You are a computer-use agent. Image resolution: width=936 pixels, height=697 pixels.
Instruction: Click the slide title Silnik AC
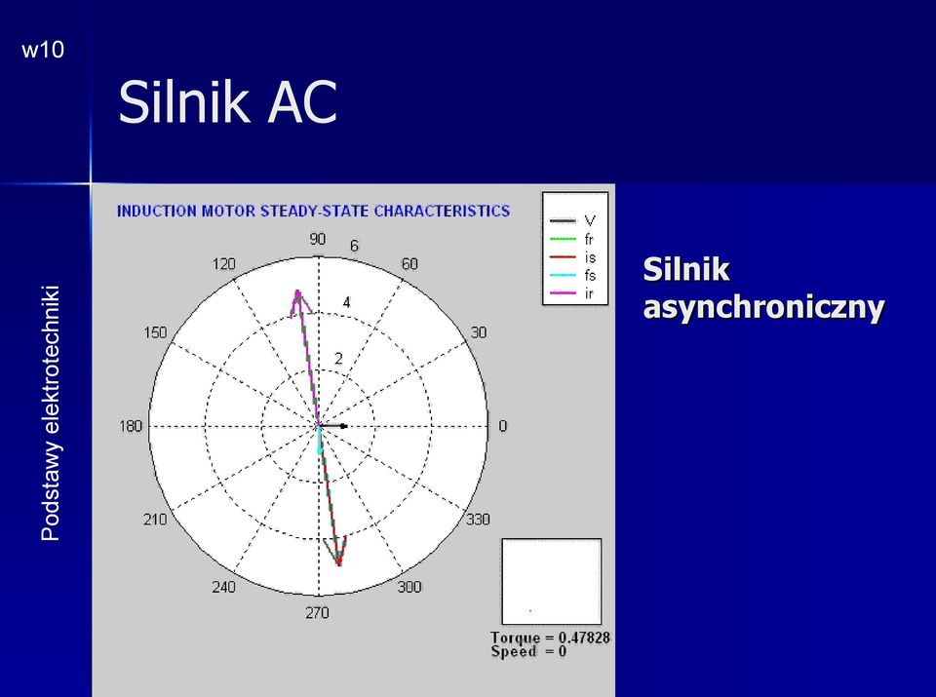click(x=227, y=101)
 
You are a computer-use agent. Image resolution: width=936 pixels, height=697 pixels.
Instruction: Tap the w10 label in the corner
click(x=43, y=50)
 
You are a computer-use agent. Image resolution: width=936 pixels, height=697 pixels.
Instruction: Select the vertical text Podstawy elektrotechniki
click(x=50, y=413)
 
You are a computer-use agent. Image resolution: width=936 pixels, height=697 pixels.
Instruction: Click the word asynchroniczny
click(x=763, y=307)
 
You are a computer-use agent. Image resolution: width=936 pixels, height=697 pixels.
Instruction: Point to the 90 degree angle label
click(x=318, y=239)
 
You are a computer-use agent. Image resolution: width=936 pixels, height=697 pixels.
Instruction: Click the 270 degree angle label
click(x=317, y=613)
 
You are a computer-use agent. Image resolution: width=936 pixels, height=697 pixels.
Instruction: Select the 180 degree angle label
click(x=131, y=426)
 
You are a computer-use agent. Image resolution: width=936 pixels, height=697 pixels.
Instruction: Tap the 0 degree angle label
click(x=503, y=426)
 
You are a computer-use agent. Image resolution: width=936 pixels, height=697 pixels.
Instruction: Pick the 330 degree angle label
click(x=478, y=520)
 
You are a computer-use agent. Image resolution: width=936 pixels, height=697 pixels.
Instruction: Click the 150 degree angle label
click(x=155, y=333)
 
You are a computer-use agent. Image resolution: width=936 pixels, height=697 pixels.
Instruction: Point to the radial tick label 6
click(x=355, y=246)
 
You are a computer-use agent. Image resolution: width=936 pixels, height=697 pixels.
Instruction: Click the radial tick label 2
click(x=339, y=359)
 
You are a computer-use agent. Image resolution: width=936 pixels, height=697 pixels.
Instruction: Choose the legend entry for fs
click(x=572, y=275)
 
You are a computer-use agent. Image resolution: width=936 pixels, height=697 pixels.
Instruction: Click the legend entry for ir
click(x=571, y=293)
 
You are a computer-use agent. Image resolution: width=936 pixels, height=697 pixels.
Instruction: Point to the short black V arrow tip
click(x=345, y=426)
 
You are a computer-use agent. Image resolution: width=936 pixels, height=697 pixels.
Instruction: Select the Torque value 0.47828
click(x=584, y=638)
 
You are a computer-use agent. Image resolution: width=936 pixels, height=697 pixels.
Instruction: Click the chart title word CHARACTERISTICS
click(x=442, y=212)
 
